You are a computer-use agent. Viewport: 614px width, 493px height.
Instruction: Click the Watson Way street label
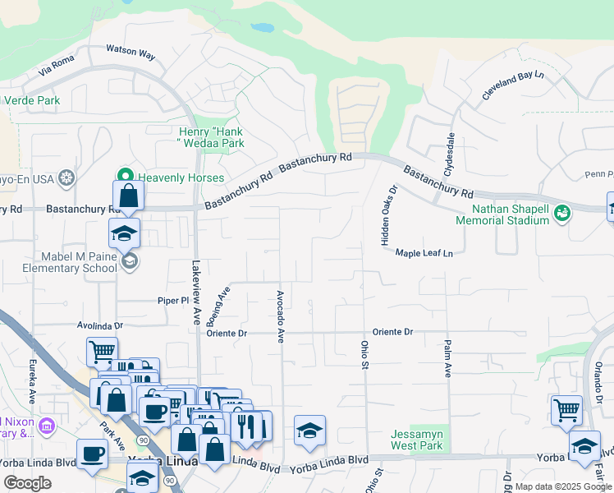(131, 53)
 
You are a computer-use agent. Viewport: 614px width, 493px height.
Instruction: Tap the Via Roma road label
(57, 67)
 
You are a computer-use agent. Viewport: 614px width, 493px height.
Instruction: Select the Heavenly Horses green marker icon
(126, 177)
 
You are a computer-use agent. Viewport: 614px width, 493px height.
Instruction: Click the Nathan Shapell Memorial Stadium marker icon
(562, 214)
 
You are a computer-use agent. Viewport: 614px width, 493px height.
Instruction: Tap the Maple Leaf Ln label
(424, 253)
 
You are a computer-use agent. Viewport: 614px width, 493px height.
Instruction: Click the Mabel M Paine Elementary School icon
(129, 262)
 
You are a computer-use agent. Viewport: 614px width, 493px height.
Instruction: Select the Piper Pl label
(173, 302)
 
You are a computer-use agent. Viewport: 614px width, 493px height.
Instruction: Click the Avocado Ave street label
(280, 316)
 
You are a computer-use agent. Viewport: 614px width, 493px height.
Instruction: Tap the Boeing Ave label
(224, 305)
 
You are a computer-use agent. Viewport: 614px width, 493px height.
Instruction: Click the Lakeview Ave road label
(195, 293)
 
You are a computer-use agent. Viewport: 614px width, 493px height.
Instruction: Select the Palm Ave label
(448, 358)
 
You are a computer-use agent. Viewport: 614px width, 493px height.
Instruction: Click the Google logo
(27, 483)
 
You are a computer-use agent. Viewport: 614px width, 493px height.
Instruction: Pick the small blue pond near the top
(263, 27)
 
